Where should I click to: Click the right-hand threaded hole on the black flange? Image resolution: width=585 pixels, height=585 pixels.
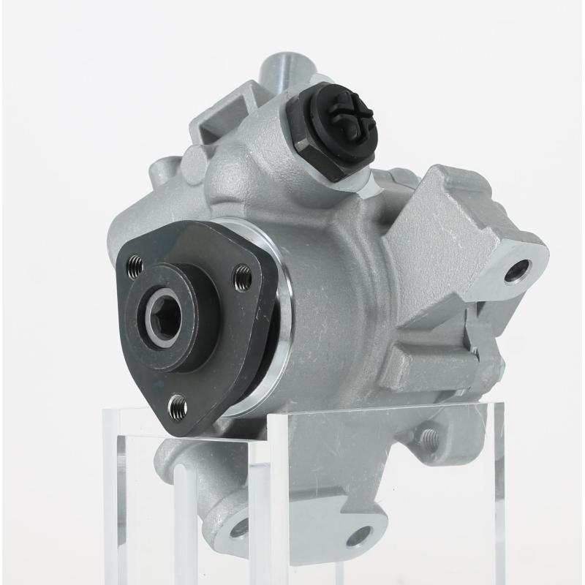click(x=241, y=277)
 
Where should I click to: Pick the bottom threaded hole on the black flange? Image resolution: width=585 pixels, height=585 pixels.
click(x=177, y=404)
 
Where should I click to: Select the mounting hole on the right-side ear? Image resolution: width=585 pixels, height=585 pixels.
click(x=517, y=272)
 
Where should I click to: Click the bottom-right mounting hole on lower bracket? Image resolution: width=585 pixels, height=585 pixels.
click(x=358, y=537)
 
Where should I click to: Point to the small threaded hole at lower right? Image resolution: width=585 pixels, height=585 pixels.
click(x=428, y=439)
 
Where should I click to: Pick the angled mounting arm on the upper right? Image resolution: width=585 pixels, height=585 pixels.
click(x=468, y=227)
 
